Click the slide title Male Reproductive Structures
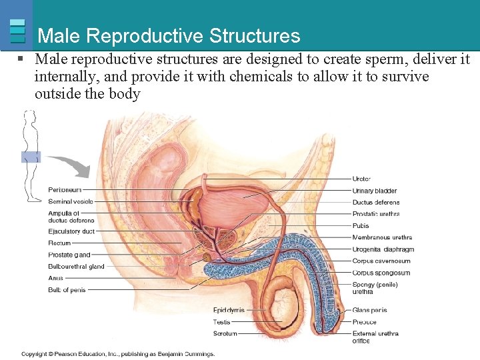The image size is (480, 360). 169,35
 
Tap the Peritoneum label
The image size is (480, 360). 65,190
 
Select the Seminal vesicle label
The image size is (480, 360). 71,201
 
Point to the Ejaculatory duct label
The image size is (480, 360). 71,231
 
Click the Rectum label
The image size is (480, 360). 59,243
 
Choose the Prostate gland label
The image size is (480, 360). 69,255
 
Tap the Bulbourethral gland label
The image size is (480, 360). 76,267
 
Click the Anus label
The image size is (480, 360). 55,278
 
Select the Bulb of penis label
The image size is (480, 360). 67,290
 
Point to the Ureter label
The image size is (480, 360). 361,179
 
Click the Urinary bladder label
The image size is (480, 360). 375,191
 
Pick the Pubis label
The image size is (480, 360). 361,226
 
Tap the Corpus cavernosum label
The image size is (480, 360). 381,261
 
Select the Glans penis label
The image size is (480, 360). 369,310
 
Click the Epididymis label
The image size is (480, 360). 229,310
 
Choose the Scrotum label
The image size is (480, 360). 225,333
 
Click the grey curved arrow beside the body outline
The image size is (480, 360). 71,165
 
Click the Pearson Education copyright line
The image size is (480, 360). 118,353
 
